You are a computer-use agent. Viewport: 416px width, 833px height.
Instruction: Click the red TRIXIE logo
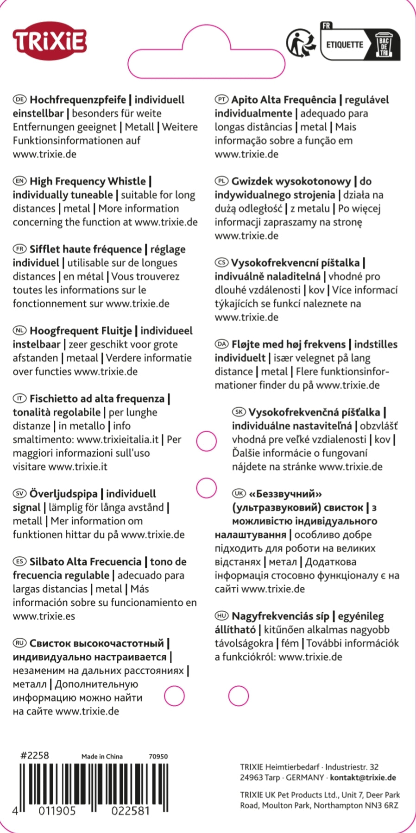click(50, 41)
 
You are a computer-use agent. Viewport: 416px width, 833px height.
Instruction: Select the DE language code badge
click(19, 99)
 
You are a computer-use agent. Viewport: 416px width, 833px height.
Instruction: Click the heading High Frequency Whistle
click(88, 181)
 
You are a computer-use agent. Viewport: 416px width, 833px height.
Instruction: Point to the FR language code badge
click(19, 249)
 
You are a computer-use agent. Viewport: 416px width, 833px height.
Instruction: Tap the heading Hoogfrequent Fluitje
click(81, 331)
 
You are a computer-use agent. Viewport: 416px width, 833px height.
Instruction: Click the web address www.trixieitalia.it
click(118, 439)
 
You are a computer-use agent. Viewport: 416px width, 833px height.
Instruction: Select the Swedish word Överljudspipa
click(63, 494)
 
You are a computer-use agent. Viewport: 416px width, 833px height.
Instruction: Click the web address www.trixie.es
click(44, 616)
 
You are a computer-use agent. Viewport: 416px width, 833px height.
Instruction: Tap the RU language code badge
click(19, 643)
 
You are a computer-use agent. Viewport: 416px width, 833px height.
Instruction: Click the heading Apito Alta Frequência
click(284, 99)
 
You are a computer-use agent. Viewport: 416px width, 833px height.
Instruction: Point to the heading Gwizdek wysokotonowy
click(291, 181)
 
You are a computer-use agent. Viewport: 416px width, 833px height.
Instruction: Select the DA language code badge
click(222, 344)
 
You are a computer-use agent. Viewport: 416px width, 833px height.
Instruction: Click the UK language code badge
click(239, 494)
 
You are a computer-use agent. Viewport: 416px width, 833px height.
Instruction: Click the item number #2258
click(34, 755)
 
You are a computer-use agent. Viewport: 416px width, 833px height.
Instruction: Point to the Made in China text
click(102, 756)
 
